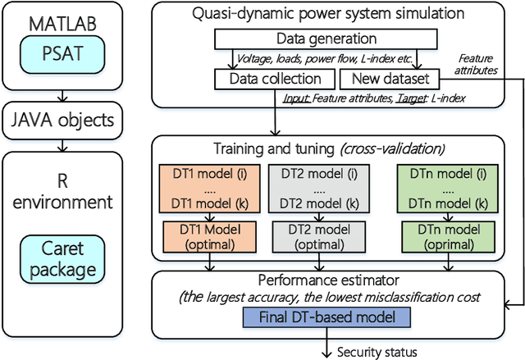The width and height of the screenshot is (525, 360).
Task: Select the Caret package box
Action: [57, 258]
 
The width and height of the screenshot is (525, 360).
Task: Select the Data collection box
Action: [274, 79]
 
